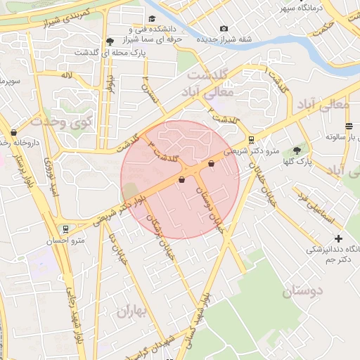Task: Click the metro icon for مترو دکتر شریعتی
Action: [252, 140]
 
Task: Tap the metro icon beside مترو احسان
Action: [65, 229]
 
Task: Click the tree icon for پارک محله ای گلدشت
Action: [108, 41]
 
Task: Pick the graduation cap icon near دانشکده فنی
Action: [152, 19]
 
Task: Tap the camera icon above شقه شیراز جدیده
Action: [224, 29]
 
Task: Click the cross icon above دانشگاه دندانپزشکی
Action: [340, 238]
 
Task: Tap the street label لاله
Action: [67, 75]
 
